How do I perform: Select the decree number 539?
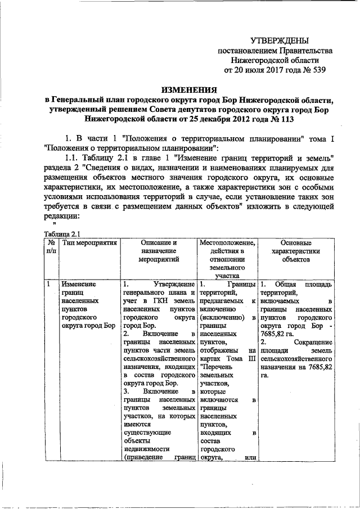[x=317, y=70]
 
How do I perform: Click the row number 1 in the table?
[x=49, y=284]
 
